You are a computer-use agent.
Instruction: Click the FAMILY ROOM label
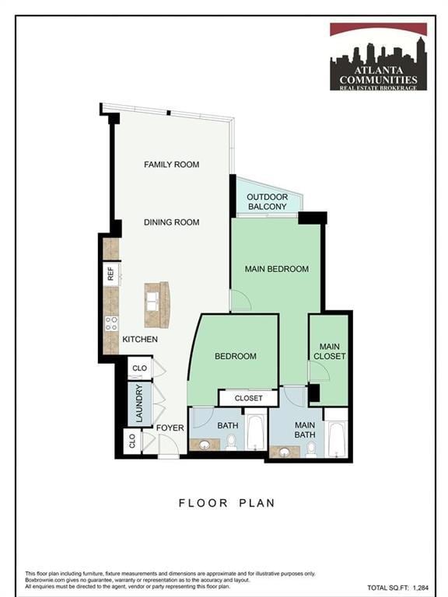click(171, 164)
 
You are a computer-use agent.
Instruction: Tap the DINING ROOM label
click(171, 222)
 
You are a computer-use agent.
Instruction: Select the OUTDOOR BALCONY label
click(267, 202)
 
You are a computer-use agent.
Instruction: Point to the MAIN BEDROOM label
click(276, 269)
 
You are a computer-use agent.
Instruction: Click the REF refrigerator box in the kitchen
click(111, 274)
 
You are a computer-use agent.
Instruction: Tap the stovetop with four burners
click(111, 322)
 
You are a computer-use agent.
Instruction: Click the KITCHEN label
click(140, 340)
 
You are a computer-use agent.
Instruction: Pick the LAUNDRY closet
click(139, 404)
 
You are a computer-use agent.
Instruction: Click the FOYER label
click(170, 428)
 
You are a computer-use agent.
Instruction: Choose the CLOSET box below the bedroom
click(248, 398)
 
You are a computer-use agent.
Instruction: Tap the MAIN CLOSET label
click(329, 351)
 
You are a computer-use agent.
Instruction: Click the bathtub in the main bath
click(336, 439)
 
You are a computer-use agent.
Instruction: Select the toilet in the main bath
click(311, 449)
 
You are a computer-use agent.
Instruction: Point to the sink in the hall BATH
click(205, 445)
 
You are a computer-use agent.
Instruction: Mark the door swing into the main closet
click(319, 372)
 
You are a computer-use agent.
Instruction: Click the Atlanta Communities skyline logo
click(378, 57)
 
